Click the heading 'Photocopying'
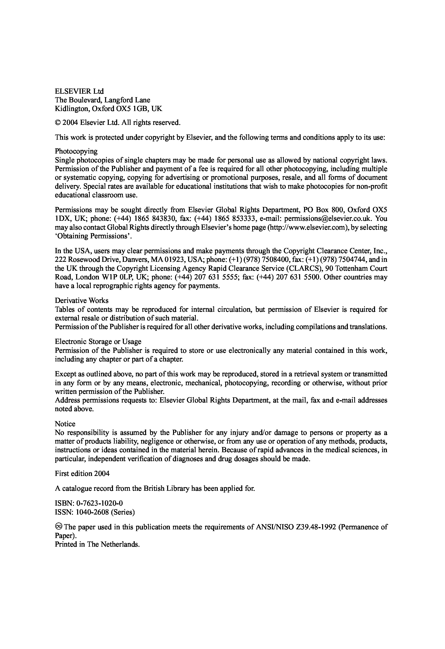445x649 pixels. (x=76, y=151)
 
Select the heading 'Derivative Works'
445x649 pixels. (x=82, y=301)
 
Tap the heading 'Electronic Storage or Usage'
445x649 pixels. (x=98, y=341)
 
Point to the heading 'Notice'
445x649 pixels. (x=65, y=424)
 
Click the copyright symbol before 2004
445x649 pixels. (x=58, y=123)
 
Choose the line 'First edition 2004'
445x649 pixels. (x=82, y=474)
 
